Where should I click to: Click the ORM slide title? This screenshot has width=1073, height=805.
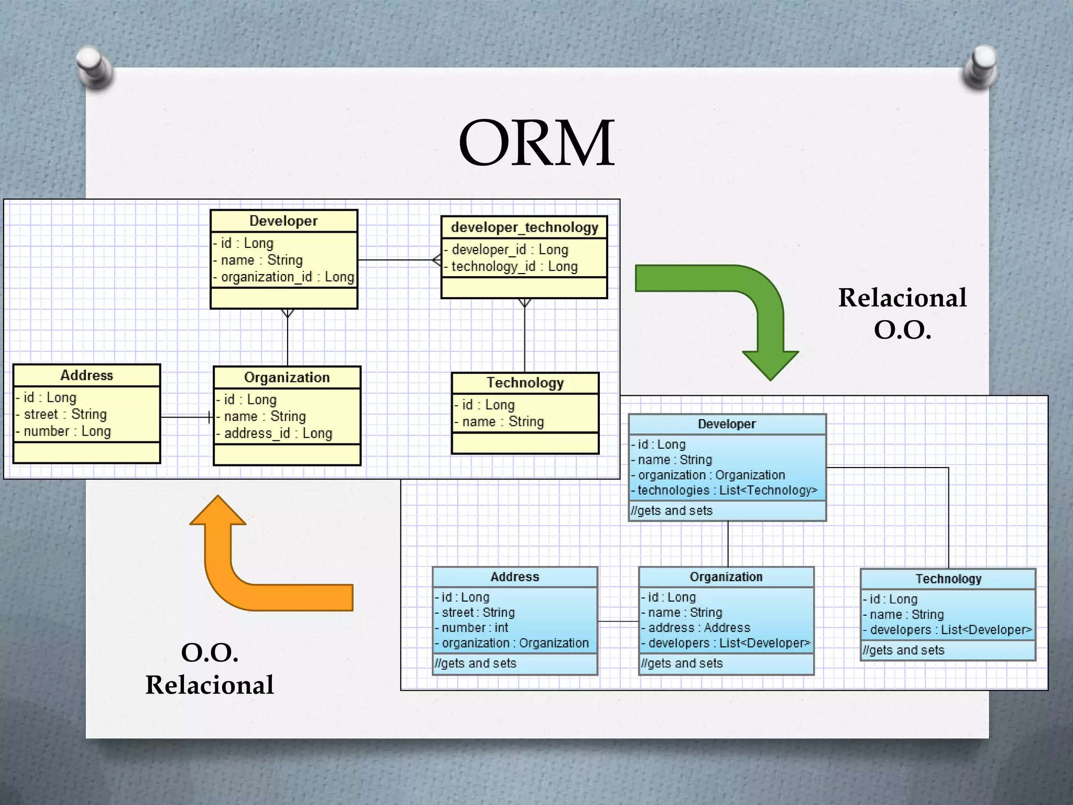pos(536,143)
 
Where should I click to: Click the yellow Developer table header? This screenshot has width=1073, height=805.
pos(283,221)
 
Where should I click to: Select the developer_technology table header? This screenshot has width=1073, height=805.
pos(524,227)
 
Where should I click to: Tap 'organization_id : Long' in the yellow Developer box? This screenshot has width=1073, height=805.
pos(287,277)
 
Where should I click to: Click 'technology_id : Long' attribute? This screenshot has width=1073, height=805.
pos(514,266)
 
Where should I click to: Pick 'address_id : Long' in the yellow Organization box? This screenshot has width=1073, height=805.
pos(278,433)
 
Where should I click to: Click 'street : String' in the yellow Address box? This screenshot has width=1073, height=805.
pos(65,414)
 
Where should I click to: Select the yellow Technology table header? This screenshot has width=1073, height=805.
pos(525,383)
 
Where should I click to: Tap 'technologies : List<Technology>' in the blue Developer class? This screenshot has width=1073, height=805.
pos(727,491)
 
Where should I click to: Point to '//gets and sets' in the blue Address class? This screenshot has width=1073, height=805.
pos(475,663)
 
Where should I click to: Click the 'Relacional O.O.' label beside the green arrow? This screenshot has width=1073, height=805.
pos(902,313)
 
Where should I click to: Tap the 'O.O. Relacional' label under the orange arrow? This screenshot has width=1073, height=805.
pos(210,669)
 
